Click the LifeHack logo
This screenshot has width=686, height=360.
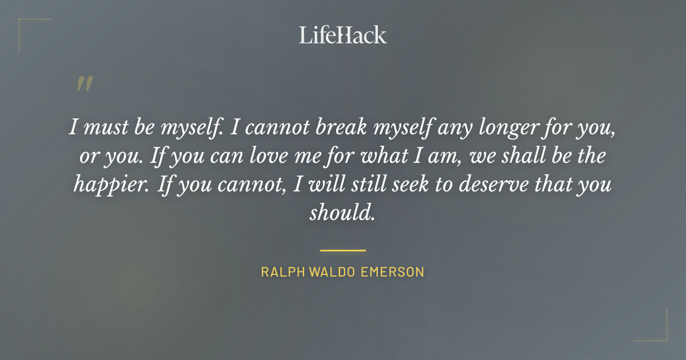[342, 35]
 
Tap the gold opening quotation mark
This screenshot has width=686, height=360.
[84, 84]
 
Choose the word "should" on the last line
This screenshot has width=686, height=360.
[342, 213]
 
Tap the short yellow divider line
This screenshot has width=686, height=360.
[342, 250]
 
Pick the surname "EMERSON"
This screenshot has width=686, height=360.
[393, 272]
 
